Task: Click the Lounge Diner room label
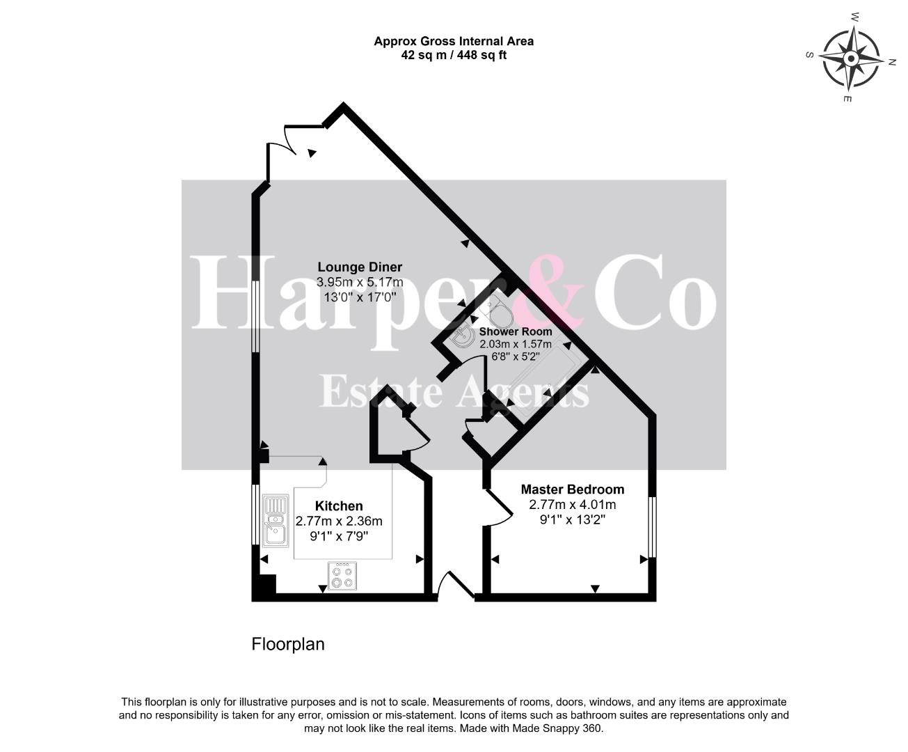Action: (x=360, y=267)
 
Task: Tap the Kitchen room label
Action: (x=339, y=506)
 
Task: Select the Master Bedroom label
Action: (x=572, y=489)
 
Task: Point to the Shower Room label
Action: (x=516, y=331)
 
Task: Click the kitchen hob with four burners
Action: (x=342, y=576)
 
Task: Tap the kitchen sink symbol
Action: (x=276, y=520)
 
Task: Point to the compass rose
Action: (x=852, y=58)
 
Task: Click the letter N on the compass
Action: (x=891, y=62)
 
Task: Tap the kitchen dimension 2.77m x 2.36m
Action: (x=339, y=521)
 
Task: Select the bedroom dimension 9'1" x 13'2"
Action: (x=572, y=519)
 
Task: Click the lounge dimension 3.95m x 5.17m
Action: (x=360, y=282)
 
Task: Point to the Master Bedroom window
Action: (x=652, y=527)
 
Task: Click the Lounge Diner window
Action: (x=256, y=316)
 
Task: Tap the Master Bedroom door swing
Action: (x=500, y=508)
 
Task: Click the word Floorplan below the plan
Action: (x=288, y=644)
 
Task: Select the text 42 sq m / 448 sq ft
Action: (x=454, y=55)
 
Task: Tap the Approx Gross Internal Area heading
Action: (x=454, y=41)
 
